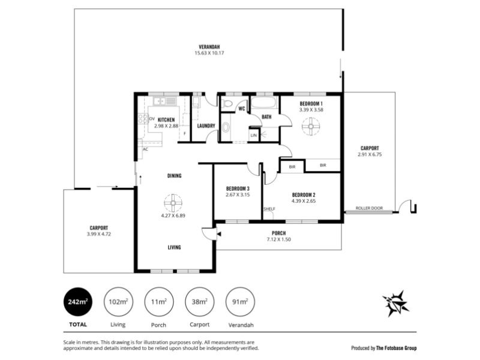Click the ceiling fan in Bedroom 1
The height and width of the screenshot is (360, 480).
pos(311,126)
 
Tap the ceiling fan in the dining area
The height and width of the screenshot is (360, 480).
pos(173,203)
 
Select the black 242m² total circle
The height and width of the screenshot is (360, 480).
pos(78,302)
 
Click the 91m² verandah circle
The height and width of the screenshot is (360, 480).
pos(240,302)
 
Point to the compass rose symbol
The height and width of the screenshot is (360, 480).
pos(395,304)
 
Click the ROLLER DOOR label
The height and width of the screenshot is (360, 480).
pos(369,208)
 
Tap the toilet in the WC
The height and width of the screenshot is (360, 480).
pos(227,103)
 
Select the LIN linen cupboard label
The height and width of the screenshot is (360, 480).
pos(254,136)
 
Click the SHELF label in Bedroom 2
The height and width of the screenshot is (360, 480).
pos(269,209)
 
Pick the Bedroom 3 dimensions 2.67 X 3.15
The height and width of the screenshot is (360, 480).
pos(238,194)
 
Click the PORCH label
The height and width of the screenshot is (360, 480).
pos(278,233)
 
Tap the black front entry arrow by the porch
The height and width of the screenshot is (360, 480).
pos(219,234)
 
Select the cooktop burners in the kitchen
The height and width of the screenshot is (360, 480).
pos(143,118)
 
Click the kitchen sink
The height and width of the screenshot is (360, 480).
pos(160,101)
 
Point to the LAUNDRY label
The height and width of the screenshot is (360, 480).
pos(206,125)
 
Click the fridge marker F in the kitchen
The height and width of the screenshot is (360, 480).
pos(185,133)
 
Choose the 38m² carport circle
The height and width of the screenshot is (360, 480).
pos(200,302)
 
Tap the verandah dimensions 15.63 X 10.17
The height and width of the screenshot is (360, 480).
pos(209,53)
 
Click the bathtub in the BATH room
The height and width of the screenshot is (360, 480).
pos(265,103)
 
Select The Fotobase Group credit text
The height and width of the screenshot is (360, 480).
pos(396,348)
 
